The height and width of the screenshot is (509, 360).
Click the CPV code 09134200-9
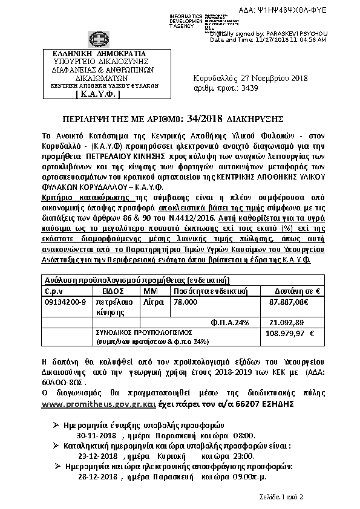tap(65, 300)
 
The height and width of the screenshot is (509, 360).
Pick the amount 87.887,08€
tap(288, 300)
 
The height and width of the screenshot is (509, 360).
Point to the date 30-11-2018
tap(97, 434)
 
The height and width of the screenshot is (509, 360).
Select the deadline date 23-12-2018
tap(97, 456)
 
